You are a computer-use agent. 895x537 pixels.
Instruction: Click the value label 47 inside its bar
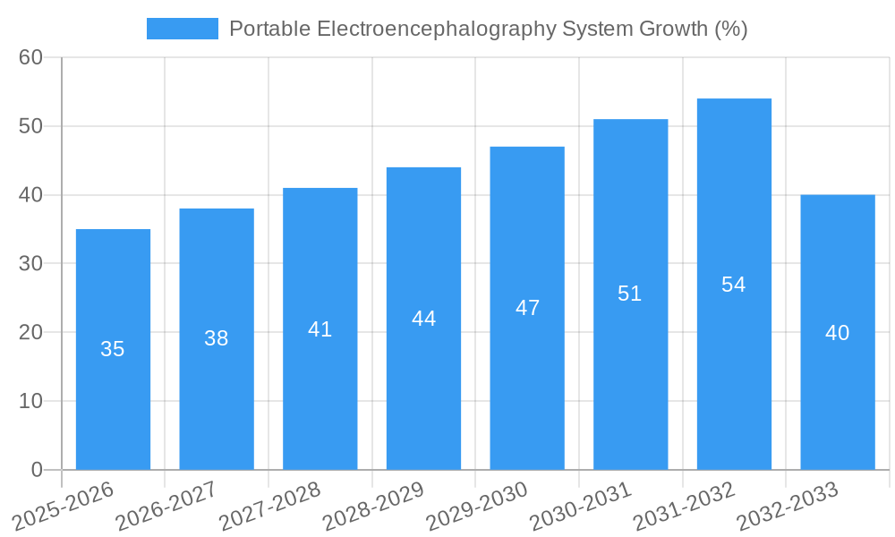pyautogui.click(x=527, y=308)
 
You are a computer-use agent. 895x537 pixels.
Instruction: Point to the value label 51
pyautogui.click(x=630, y=294)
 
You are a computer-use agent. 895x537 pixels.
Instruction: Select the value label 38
pyautogui.click(x=217, y=338)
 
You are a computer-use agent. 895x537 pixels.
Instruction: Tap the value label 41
pyautogui.click(x=320, y=329)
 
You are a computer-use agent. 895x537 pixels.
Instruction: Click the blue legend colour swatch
pyautogui.click(x=183, y=29)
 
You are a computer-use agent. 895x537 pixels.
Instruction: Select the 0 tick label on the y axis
pyautogui.click(x=37, y=470)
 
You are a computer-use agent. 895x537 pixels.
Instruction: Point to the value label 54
pyautogui.click(x=734, y=285)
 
